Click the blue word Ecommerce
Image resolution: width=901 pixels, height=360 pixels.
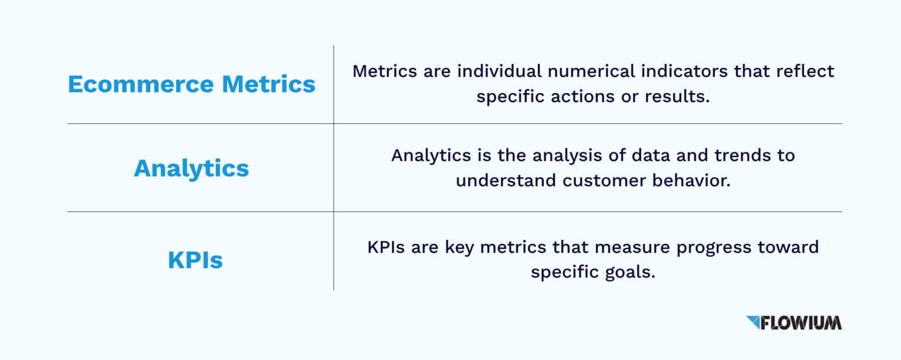(141, 84)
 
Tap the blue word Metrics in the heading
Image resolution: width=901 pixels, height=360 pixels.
(269, 84)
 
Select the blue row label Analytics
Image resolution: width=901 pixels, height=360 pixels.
(191, 168)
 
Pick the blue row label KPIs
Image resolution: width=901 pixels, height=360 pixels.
(195, 260)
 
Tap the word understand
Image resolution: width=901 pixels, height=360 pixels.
(506, 181)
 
